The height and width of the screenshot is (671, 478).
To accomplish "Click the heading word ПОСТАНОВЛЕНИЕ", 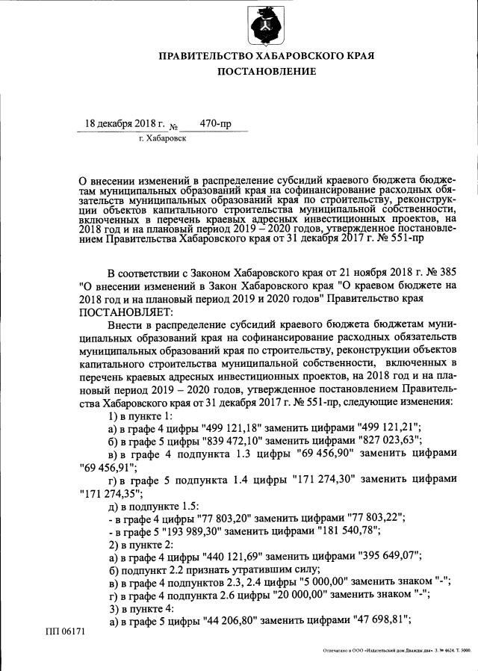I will coord(267,71).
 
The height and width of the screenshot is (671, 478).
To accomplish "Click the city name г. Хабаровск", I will coord(162,138).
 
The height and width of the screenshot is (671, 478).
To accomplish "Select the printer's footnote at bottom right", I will coord(397,651).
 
